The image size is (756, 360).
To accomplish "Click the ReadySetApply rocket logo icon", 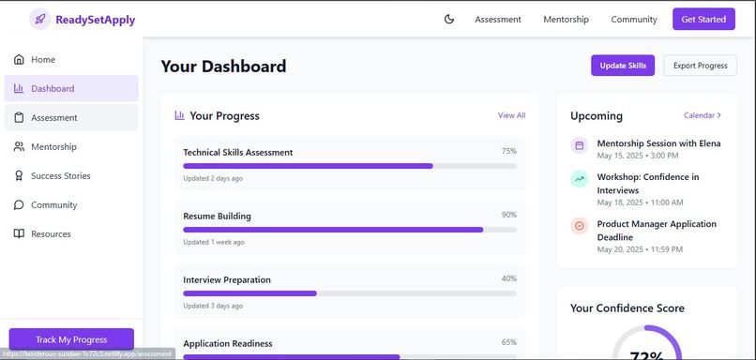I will click(x=40, y=19).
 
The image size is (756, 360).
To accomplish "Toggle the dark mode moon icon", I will click(x=448, y=19).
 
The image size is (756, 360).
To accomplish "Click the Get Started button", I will click(x=703, y=19).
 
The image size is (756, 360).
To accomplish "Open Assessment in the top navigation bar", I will click(x=497, y=19).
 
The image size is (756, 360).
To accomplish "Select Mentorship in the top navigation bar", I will click(x=566, y=19).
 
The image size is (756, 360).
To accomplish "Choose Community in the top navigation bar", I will click(x=634, y=19).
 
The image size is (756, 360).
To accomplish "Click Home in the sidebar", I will click(x=43, y=60).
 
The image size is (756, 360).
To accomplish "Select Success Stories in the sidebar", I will click(x=60, y=176).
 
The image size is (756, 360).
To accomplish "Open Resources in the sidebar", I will click(x=51, y=234).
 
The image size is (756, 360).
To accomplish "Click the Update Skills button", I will click(x=623, y=66).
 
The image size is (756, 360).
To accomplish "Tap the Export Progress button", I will click(x=700, y=66).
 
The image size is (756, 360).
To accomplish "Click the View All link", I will click(x=511, y=115).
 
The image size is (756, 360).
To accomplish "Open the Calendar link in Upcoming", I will click(x=702, y=115).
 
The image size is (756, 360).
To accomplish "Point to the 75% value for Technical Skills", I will click(x=508, y=151).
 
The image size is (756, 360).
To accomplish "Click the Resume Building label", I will click(x=217, y=216).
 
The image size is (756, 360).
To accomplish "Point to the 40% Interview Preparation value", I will click(x=508, y=278).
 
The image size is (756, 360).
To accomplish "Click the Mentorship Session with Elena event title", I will click(x=658, y=143).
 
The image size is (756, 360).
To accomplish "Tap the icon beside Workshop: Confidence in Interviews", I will click(x=579, y=178).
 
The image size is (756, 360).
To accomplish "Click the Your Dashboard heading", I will click(x=223, y=67).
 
